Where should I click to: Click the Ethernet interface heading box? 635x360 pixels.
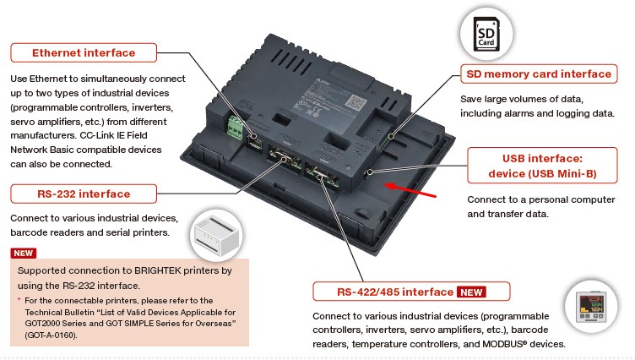pyautogui.click(x=84, y=52)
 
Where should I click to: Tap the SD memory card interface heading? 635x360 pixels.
pyautogui.click(x=538, y=74)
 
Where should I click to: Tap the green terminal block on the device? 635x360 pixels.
pyautogui.click(x=236, y=128)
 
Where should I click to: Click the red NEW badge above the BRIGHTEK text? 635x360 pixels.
pyautogui.click(x=23, y=253)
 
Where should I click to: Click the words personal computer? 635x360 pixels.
pyautogui.click(x=562, y=199)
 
